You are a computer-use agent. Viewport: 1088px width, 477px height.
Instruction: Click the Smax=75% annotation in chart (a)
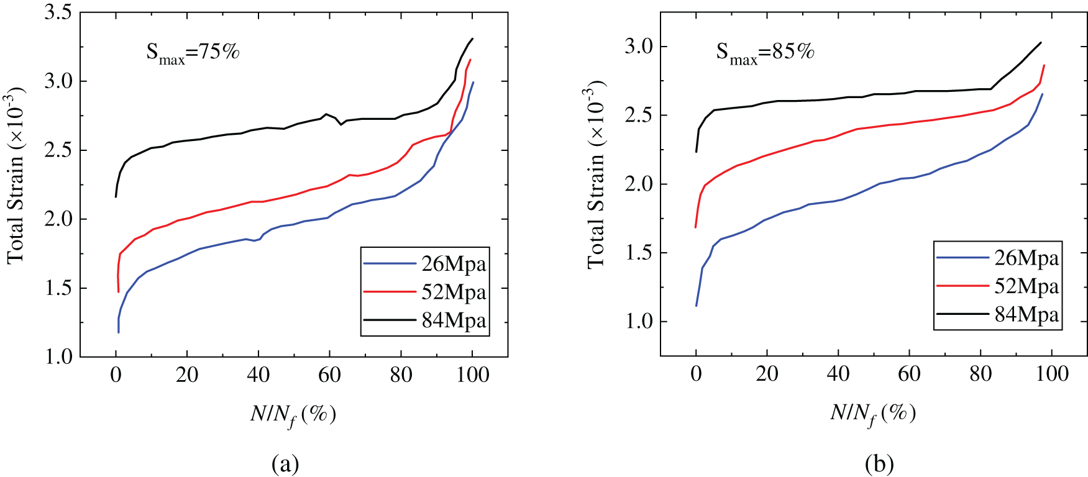coord(193,52)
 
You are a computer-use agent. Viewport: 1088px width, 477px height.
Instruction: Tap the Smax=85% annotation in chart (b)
coord(765,52)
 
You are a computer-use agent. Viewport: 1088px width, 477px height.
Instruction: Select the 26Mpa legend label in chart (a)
coord(454,264)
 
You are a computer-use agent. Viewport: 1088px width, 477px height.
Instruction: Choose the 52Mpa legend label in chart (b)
coord(1026,286)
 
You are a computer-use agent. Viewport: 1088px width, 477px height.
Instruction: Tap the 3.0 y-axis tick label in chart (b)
coord(639,47)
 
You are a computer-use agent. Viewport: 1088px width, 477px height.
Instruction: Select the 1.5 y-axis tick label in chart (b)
coord(639,253)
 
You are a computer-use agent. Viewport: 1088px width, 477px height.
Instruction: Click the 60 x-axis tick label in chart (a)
coord(329,375)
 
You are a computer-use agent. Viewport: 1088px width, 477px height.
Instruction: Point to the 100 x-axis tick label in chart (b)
coord(1052,374)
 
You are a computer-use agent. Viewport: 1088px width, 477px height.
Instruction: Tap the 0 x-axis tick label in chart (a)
coord(116,375)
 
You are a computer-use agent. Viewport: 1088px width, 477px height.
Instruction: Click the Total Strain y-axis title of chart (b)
coord(596,177)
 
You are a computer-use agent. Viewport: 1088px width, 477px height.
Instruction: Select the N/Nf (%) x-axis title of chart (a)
coord(293,414)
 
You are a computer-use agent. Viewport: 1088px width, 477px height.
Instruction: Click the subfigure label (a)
coord(285,464)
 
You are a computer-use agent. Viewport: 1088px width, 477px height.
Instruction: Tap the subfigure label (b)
coord(879,464)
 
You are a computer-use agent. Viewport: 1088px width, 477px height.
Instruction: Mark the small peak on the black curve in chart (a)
coord(326,114)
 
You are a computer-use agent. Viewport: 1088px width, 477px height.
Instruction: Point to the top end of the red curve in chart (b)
coord(1045,65)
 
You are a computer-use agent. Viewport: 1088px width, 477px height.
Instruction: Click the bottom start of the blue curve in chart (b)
coord(696,306)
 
